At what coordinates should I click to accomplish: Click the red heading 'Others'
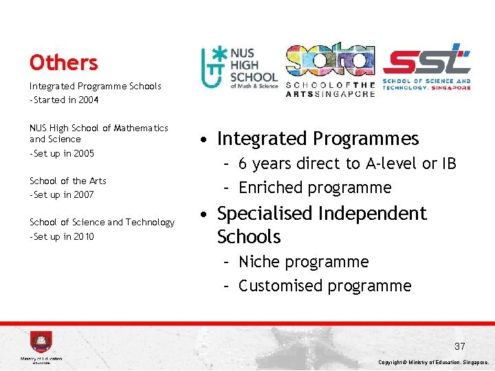pyautogui.click(x=63, y=63)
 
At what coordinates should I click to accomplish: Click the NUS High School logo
pyautogui.click(x=239, y=68)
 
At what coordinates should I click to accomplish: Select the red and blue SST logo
pyautogui.click(x=426, y=67)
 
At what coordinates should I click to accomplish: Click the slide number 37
pyautogui.click(x=459, y=346)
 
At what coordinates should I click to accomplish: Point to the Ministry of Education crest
pyautogui.click(x=41, y=342)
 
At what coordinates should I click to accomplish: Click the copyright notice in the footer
pyautogui.click(x=434, y=362)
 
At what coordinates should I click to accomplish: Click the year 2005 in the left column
pyautogui.click(x=83, y=153)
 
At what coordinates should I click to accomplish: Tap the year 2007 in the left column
pyautogui.click(x=83, y=195)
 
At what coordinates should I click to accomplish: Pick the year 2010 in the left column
pyautogui.click(x=83, y=237)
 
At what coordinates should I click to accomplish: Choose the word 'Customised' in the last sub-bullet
pyautogui.click(x=280, y=286)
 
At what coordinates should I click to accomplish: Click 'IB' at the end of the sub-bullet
pyautogui.click(x=448, y=164)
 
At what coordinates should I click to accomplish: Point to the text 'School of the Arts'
pyautogui.click(x=68, y=181)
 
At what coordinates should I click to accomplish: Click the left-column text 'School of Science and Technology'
pyautogui.click(x=102, y=222)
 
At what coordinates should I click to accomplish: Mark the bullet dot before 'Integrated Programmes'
pyautogui.click(x=206, y=139)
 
